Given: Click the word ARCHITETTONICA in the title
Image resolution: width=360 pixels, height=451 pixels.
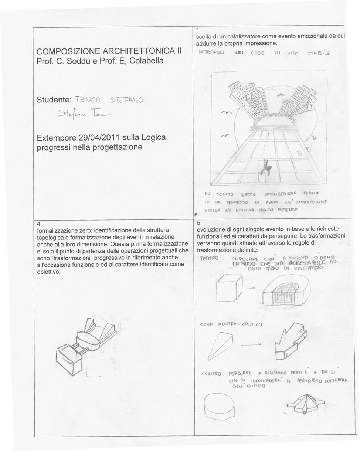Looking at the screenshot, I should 139,51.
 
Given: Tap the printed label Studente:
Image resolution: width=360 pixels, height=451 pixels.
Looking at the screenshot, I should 54,100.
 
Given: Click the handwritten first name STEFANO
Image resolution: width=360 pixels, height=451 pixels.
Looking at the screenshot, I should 126,100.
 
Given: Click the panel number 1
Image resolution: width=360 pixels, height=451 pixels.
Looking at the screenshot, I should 198,30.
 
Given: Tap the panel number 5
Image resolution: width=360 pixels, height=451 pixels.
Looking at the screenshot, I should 198,223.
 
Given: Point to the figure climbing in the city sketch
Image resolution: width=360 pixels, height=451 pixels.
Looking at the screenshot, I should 265,169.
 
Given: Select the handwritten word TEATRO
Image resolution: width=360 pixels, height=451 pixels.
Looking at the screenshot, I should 209,258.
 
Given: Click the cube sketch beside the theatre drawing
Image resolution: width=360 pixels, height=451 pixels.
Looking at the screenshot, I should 229,287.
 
